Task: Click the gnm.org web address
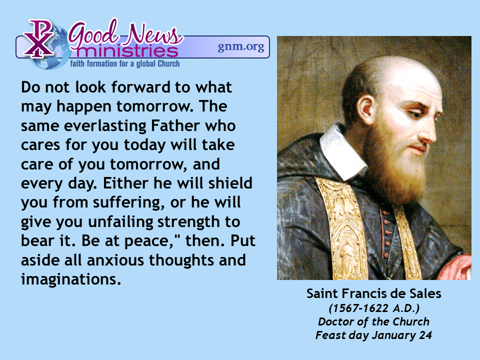[x=241, y=47]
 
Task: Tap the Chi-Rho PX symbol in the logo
[x=39, y=38]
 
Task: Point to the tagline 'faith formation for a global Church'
[x=125, y=63]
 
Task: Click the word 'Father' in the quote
[x=175, y=125]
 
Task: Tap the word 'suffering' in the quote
[x=126, y=202]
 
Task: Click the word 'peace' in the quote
[x=149, y=241]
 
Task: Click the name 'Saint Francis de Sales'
[x=374, y=293]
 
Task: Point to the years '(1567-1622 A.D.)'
[x=374, y=308]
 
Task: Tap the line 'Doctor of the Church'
[x=374, y=321]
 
